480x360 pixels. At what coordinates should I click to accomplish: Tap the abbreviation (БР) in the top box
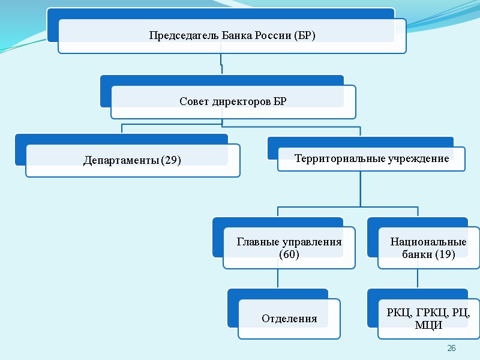coord(304,35)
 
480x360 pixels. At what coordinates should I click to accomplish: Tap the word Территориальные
coord(331,159)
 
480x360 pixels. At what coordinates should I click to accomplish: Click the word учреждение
coord(422,159)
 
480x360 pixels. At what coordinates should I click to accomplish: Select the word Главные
coord(256,242)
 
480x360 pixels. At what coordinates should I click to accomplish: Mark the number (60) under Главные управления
coord(289,254)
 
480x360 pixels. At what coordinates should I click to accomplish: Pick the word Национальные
coord(428,242)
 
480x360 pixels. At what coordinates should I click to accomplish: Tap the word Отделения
coord(289,319)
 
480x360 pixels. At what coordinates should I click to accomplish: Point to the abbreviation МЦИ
coord(428,325)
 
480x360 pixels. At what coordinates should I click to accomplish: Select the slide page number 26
coord(452,349)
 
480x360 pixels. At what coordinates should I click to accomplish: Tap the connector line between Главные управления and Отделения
coord(278,278)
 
